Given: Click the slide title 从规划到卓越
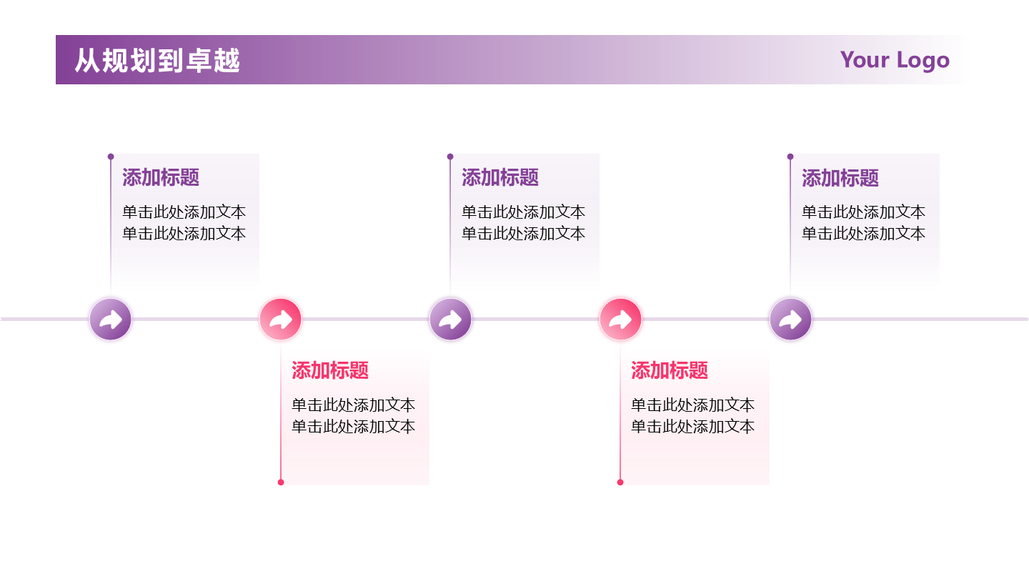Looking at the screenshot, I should point(157,61).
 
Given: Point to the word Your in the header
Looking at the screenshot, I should point(865,59).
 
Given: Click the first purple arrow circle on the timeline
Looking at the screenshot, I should point(111,320).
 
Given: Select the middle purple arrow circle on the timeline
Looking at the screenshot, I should point(450,320).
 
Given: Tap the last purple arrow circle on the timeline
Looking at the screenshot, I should point(790,320).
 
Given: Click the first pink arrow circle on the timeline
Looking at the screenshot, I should point(281,320).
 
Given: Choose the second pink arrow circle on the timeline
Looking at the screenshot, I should point(620,320).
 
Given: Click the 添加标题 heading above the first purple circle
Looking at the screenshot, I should point(161,177).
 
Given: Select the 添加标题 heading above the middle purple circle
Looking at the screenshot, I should point(500,177).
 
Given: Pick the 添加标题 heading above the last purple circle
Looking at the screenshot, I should point(840,178).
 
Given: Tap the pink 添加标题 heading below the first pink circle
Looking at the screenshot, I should point(330,370).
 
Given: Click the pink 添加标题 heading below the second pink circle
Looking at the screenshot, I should point(670,370).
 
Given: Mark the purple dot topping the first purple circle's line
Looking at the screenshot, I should point(111,157).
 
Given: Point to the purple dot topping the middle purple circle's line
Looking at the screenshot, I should point(450,157).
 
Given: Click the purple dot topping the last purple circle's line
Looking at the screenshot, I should point(790,157).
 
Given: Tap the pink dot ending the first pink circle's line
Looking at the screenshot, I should point(281,482).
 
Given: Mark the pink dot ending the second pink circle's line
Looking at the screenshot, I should point(620,482).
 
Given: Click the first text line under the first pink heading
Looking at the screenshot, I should point(353,405).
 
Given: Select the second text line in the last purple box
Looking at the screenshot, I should point(863,234).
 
